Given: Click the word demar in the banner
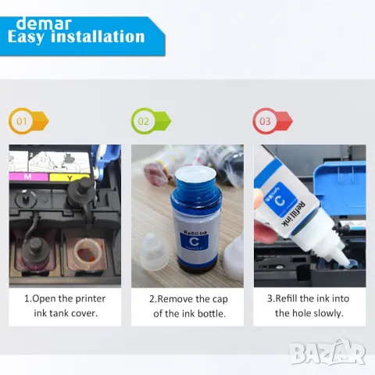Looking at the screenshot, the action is (x=44, y=23).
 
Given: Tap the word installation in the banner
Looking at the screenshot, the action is (x=98, y=37).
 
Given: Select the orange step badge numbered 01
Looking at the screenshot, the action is (x=28, y=121).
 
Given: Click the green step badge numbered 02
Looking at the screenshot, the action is (x=151, y=121).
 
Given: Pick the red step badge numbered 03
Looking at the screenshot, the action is (x=273, y=121).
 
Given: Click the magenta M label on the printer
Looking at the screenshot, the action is (x=28, y=177).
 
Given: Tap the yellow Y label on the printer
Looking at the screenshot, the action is (x=70, y=177).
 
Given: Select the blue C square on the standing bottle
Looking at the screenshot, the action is (x=194, y=241).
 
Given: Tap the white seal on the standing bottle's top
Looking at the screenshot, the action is (x=196, y=175).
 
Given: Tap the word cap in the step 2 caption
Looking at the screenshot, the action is (x=220, y=300).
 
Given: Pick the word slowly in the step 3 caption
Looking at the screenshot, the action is (x=329, y=313).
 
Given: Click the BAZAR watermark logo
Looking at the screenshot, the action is (x=327, y=352).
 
